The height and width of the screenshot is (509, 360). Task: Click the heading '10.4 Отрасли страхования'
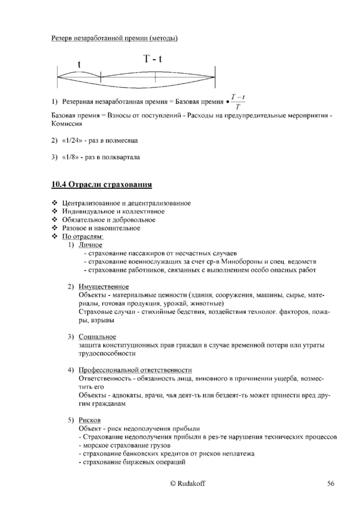[x=102, y=185]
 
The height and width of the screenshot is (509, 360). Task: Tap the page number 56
[x=331, y=484]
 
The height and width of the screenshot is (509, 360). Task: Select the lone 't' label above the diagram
[x=79, y=65]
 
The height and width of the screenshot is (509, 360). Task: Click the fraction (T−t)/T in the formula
[x=238, y=102]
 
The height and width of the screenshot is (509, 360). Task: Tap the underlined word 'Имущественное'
[x=104, y=287]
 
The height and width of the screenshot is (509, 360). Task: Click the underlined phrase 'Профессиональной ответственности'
[x=135, y=369]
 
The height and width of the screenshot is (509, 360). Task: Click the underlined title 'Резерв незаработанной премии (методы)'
[x=114, y=39]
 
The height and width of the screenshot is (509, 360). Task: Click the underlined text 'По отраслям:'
[x=83, y=237]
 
